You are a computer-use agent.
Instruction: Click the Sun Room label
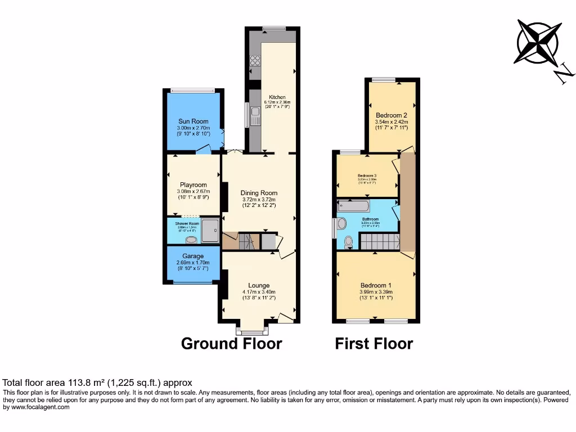193,121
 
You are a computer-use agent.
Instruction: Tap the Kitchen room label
277,97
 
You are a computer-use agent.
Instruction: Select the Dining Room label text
259,193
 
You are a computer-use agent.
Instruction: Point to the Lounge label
259,285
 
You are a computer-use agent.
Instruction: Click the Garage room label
193,256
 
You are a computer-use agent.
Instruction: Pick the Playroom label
193,185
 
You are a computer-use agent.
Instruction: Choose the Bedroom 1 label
376,285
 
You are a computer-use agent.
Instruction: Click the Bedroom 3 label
367,175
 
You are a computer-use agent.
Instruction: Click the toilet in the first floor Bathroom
348,242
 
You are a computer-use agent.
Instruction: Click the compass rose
538,42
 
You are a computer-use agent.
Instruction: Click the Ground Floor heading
231,343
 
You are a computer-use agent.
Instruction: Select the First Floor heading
374,343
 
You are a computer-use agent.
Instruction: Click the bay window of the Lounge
253,330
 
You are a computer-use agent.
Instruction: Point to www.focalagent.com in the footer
37,407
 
